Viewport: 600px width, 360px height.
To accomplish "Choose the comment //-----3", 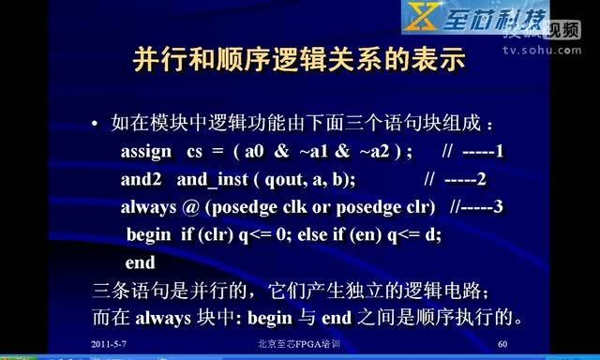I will [x=477, y=205].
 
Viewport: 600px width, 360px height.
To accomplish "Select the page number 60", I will [x=503, y=345].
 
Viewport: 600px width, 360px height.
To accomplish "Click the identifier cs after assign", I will [x=195, y=151].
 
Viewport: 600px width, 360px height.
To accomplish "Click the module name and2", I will [x=142, y=178].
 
